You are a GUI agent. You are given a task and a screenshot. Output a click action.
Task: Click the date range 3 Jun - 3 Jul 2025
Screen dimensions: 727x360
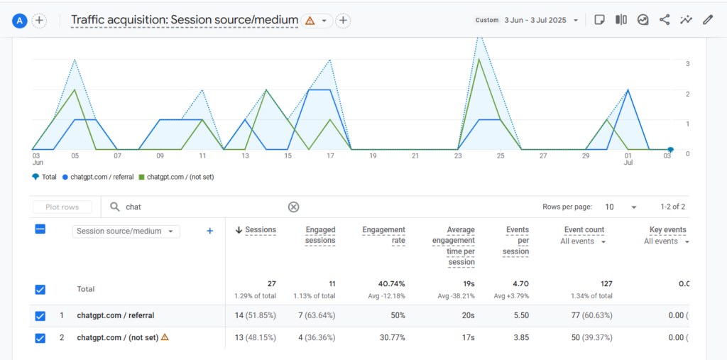point(535,21)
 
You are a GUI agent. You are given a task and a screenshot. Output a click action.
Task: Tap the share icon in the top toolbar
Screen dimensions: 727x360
point(665,20)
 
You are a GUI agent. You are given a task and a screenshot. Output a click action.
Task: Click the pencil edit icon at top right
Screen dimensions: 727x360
point(707,20)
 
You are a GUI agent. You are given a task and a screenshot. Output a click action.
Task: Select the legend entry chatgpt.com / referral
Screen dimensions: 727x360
point(98,177)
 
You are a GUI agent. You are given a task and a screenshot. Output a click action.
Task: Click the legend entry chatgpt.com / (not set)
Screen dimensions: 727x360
point(177,177)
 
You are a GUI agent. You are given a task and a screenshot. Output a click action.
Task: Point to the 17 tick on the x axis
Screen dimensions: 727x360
point(330,156)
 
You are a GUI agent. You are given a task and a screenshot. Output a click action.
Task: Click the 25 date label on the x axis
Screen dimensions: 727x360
point(501,156)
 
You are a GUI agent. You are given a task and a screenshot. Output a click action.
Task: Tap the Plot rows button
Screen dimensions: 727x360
point(62,207)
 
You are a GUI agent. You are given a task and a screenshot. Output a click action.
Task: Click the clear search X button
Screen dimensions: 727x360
point(293,207)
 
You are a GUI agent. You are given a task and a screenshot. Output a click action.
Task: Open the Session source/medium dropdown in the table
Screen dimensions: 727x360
point(126,231)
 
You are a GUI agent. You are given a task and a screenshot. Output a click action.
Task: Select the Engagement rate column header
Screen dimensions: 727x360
point(384,235)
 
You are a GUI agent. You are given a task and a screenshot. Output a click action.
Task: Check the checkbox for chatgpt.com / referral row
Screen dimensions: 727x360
point(40,316)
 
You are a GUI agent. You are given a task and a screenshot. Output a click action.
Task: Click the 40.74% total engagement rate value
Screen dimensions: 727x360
point(392,283)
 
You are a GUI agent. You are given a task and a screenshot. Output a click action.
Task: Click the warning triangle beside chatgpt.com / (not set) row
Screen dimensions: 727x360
point(165,337)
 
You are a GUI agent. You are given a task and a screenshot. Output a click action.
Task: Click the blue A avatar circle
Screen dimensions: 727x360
point(21,21)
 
